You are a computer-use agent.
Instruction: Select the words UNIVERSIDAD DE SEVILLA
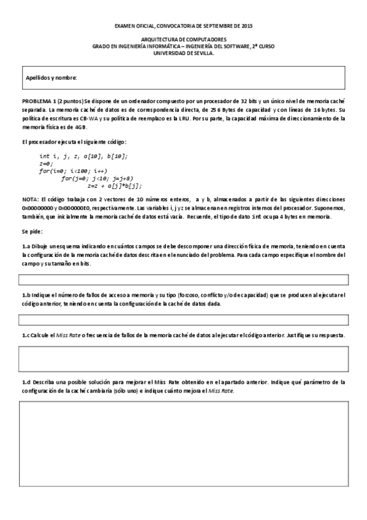[184, 53]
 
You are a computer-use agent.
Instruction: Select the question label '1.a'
[26, 246]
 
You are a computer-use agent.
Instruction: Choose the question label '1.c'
[26, 335]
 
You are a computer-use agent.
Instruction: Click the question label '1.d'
[26, 381]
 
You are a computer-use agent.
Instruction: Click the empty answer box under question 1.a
[183, 280]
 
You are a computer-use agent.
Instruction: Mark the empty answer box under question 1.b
[183, 319]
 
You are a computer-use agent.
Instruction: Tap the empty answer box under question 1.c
[183, 359]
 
